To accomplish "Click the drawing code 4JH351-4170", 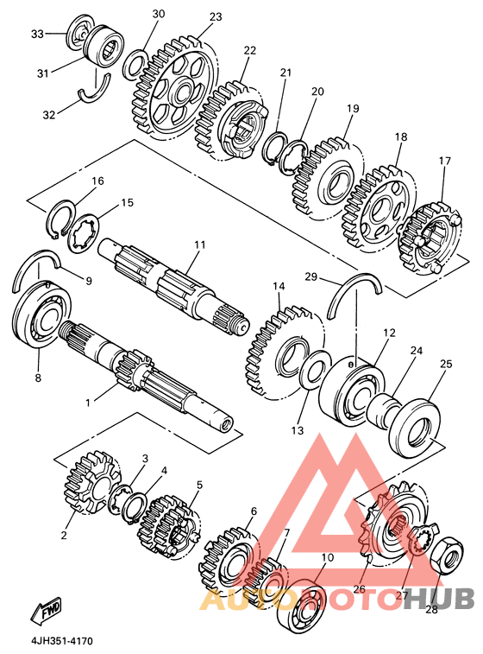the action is pos(60,641).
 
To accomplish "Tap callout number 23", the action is pos(216,17).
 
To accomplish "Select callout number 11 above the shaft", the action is pos(200,244).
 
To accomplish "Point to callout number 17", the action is pos(444,160).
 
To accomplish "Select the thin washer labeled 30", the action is pos(135,64).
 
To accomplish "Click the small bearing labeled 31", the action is pos(104,45).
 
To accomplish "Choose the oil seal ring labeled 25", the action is pos(413,429).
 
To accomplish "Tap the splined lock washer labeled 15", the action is pos(84,233).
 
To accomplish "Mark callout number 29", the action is pos(311,276).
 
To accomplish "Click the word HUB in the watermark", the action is pos(440,599).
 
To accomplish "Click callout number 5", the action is pos(199,485).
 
